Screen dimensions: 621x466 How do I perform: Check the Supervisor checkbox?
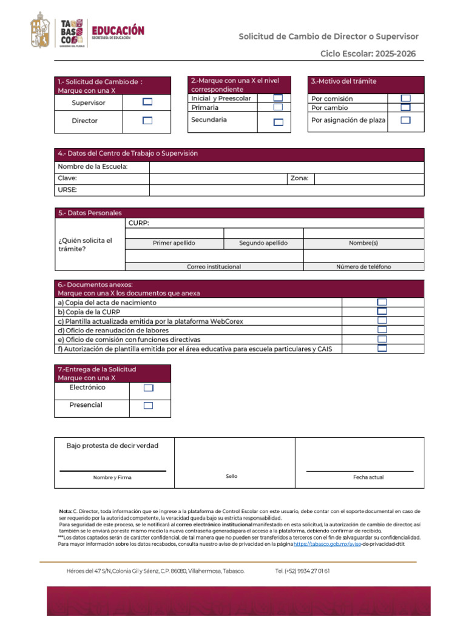coord(147,102)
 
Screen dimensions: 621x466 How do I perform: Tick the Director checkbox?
coord(147,120)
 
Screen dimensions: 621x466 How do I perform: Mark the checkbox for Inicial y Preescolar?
coord(278,98)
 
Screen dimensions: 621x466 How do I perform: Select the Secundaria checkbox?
coord(278,122)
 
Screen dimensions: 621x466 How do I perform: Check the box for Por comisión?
coord(405,98)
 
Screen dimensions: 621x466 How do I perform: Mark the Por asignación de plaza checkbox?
coord(405,120)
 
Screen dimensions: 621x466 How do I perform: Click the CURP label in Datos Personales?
coord(139,223)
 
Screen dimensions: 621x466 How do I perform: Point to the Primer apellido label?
coord(174,243)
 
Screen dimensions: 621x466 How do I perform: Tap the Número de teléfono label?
coord(363,267)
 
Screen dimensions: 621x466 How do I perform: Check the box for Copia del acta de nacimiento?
coord(382,302)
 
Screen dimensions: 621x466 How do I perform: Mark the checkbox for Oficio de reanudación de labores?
coord(382,330)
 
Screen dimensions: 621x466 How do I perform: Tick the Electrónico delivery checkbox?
coord(148,388)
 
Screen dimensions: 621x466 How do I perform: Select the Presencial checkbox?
coord(148,406)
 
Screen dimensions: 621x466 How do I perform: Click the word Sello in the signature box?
coord(231,477)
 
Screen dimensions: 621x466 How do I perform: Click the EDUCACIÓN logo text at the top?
coord(118,30)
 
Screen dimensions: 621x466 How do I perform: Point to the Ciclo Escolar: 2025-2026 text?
coord(368,54)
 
